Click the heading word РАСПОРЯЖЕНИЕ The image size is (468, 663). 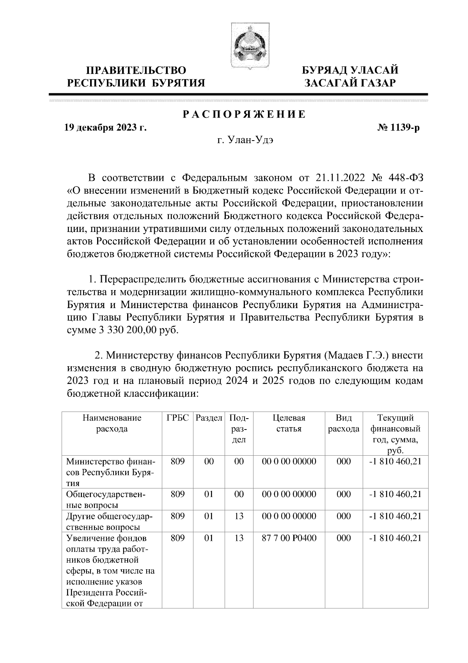(x=244, y=115)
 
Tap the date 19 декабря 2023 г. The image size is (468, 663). (x=105, y=128)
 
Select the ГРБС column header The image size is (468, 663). (x=177, y=418)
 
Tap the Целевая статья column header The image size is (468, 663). (x=289, y=423)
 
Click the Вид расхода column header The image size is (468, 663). (x=344, y=423)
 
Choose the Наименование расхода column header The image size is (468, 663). (x=112, y=423)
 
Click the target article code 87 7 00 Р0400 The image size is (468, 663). (x=289, y=538)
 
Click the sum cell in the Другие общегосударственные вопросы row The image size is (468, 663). (x=395, y=516)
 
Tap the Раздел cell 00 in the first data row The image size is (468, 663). (x=209, y=461)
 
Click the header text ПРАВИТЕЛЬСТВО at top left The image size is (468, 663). (x=136, y=71)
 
